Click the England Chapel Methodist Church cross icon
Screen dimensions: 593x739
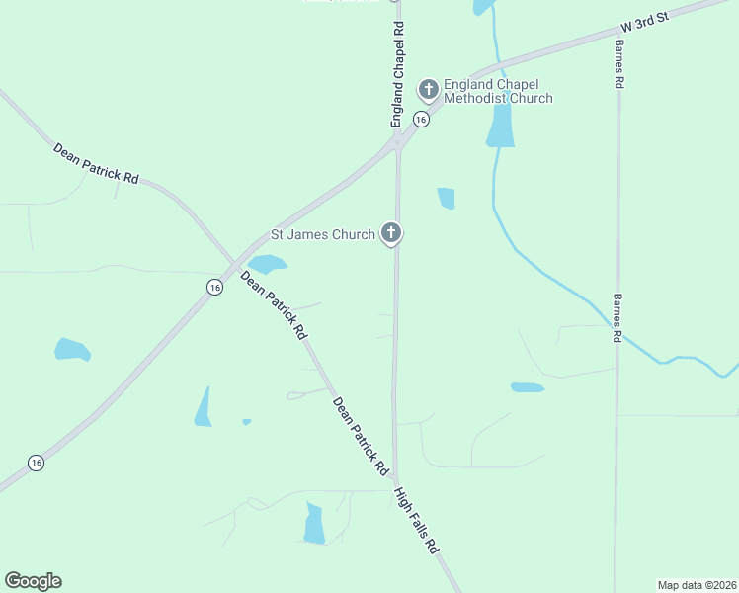point(429,90)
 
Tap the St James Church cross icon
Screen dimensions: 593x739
point(391,234)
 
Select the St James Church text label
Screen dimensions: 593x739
point(323,235)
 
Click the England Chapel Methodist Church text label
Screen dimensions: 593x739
point(498,91)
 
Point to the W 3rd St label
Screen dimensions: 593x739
point(645,26)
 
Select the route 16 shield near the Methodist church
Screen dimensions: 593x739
point(421,120)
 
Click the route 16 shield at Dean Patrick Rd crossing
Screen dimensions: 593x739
point(214,287)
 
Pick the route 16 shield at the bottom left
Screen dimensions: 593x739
point(36,463)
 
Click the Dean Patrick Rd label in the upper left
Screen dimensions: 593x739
point(96,163)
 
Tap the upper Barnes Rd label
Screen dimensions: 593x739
point(617,65)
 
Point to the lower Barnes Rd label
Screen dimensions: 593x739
point(616,317)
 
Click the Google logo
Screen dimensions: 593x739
point(33,581)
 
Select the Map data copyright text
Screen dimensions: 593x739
point(697,584)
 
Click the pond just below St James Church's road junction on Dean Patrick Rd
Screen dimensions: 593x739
point(267,264)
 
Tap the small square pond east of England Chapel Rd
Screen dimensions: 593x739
point(447,198)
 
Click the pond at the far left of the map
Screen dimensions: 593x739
point(71,349)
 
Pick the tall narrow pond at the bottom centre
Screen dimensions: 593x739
point(314,524)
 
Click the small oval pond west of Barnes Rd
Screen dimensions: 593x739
point(527,387)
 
